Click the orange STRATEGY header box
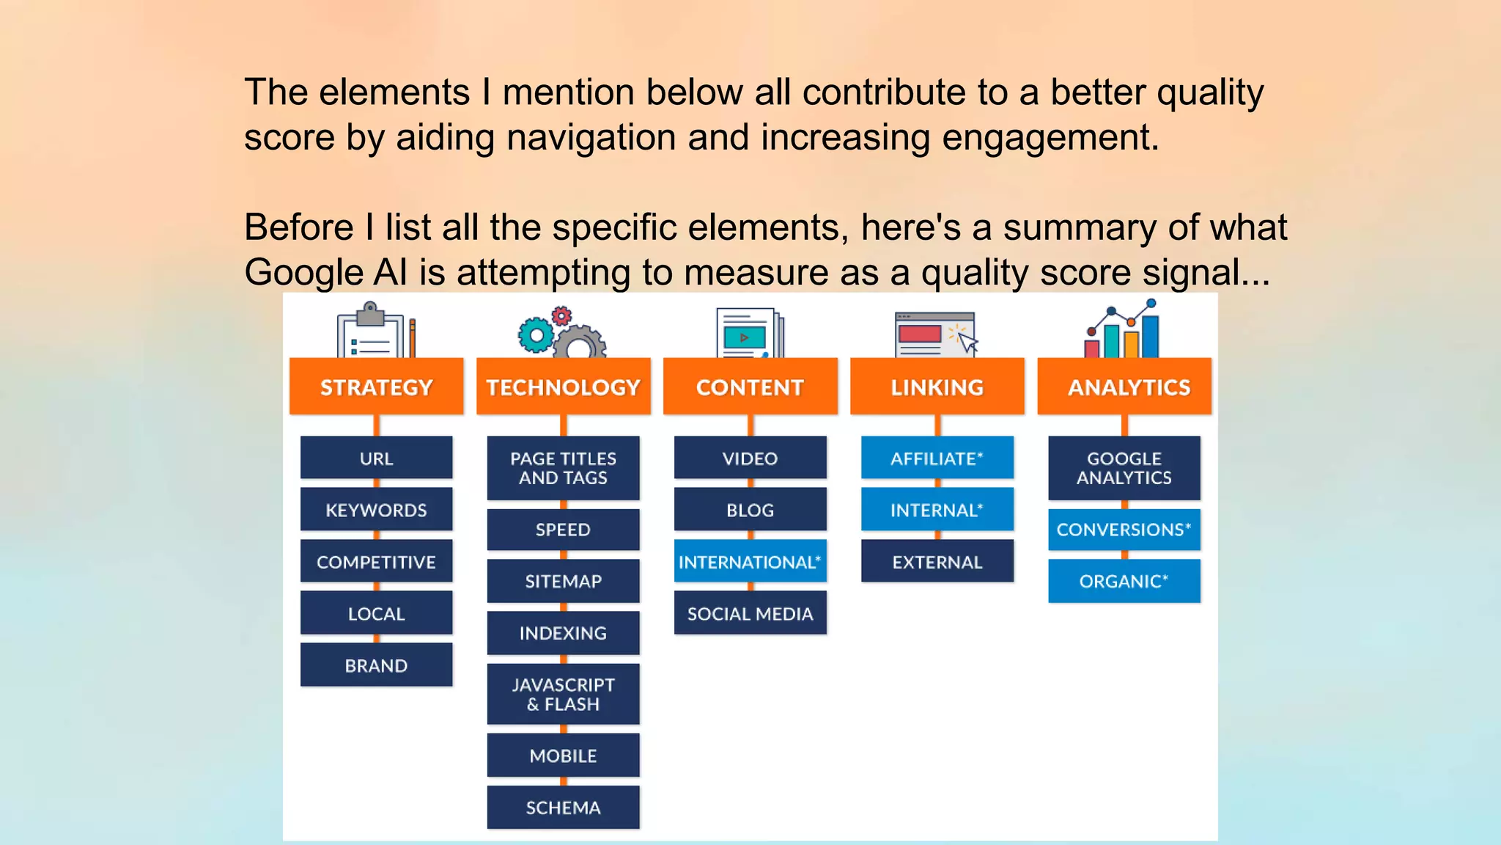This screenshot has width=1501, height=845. (376, 387)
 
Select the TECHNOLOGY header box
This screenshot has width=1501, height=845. (563, 387)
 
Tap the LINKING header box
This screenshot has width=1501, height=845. (937, 387)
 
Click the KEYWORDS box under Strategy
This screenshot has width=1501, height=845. (376, 510)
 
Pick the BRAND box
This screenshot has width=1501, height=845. (376, 665)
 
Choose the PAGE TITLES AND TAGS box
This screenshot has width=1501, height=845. (563, 468)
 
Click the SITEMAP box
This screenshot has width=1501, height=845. (563, 581)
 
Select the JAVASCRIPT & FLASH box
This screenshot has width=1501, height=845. (563, 694)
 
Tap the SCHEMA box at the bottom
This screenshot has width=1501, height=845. (563, 807)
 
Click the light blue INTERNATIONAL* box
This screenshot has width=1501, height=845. (750, 562)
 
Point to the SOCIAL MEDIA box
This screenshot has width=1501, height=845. (750, 613)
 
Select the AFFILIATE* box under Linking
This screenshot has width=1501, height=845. (937, 458)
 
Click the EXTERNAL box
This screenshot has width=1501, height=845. (937, 562)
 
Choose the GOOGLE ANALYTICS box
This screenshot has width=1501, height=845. (1124, 468)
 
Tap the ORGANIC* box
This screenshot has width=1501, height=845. (1124, 581)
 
